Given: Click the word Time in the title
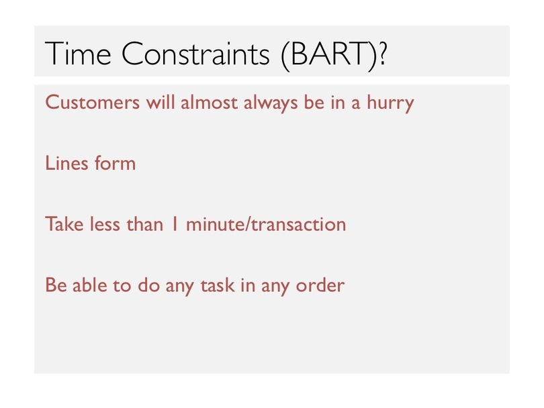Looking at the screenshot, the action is click(78, 53).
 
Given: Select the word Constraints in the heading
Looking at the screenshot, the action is click(195, 53).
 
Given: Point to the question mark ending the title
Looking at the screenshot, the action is click(382, 53).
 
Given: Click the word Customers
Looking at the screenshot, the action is click(92, 103).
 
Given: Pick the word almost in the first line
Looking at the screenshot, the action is click(209, 102).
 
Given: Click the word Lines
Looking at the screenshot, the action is click(66, 163).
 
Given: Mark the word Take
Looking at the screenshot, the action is click(64, 224).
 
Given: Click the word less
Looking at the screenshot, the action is click(105, 224).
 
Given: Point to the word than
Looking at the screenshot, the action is click(144, 224).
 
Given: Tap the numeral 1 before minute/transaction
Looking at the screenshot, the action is click(175, 224).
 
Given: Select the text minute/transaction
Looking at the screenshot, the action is click(266, 224).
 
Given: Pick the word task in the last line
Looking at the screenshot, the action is click(218, 285).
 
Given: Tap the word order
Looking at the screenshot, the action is click(320, 285).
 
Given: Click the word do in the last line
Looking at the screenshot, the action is click(149, 285).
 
